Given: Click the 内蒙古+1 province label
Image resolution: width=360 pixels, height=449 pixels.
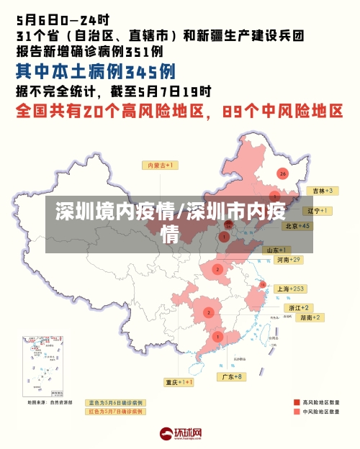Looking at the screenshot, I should tap(163, 165).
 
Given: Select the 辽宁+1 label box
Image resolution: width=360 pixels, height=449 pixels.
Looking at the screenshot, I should tap(318, 211).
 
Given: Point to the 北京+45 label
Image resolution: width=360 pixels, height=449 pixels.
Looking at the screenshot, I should tap(297, 225).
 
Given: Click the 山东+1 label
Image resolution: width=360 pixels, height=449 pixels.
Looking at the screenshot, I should tap(278, 250).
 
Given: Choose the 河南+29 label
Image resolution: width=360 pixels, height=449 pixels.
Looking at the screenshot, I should tap(287, 259).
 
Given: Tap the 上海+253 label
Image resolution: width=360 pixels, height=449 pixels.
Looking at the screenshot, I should tap(291, 289).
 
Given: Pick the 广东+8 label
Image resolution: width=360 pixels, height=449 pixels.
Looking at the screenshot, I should tap(232, 376).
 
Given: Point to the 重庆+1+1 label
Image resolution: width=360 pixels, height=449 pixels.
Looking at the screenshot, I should tap(179, 382).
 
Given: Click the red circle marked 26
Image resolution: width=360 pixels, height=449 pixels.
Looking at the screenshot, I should tap(282, 173).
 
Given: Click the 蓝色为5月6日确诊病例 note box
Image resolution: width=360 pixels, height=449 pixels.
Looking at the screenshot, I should tap(115, 403).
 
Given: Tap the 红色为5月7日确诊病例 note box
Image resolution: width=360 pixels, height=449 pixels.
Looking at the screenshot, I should tap(115, 412).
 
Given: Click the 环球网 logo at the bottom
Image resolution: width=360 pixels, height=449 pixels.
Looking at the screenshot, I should tap(180, 434).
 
